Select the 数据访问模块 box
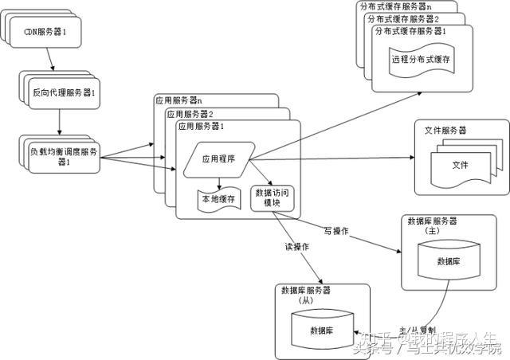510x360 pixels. click(272, 198)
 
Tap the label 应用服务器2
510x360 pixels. click(189, 113)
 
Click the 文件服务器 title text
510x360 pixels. click(445, 130)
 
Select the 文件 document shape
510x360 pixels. click(460, 165)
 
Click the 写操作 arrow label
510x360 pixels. click(337, 231)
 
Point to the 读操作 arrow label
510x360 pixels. click(298, 247)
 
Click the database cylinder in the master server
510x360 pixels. click(448, 260)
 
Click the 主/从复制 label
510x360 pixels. click(417, 329)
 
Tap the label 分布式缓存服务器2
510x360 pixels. click(403, 18)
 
